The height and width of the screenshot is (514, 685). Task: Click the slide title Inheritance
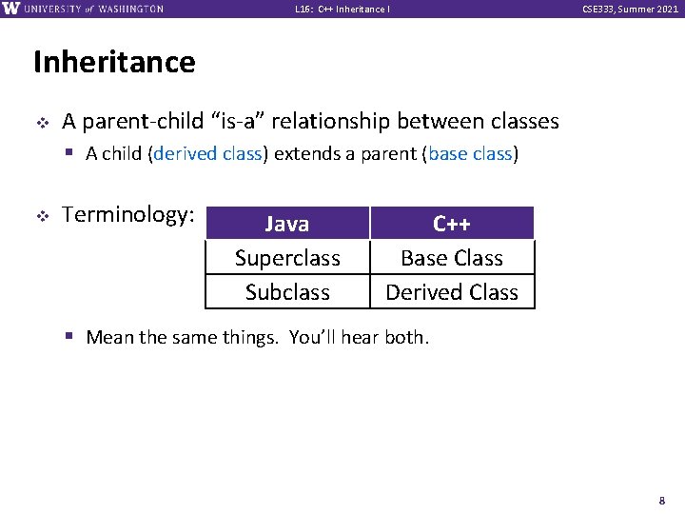114,62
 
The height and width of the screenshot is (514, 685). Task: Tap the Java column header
287,223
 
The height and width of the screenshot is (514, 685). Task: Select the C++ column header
452,223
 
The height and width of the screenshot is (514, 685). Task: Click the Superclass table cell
287,257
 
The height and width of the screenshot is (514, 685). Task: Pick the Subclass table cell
287,291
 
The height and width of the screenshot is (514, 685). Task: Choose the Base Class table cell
452,257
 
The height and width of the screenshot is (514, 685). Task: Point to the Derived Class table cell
452,291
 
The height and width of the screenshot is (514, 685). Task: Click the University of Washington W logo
10,9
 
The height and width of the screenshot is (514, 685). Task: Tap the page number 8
662,501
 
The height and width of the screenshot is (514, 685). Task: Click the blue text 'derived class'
207,153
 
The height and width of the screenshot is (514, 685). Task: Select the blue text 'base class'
470,153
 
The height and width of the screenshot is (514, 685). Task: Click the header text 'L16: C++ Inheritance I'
342,9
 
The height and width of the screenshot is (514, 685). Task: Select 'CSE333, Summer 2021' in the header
630,9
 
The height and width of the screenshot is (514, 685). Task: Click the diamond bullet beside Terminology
43,215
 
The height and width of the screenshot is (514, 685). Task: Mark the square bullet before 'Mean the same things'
69,336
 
